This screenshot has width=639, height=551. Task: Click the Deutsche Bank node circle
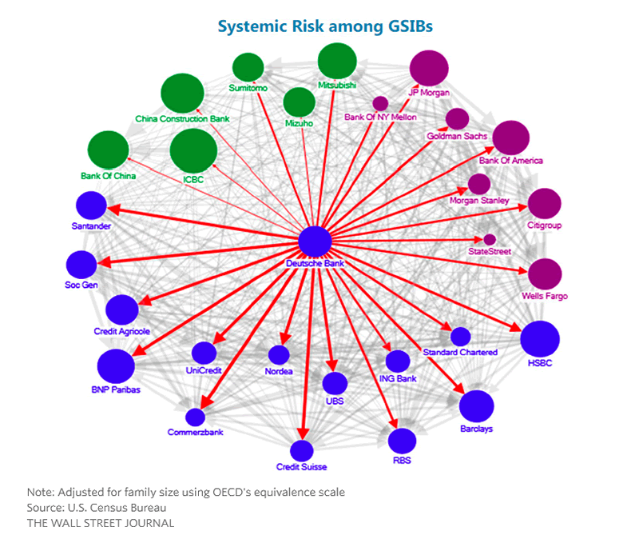click(x=314, y=242)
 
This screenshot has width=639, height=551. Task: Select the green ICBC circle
click(x=193, y=150)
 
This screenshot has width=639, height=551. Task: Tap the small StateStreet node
click(x=490, y=239)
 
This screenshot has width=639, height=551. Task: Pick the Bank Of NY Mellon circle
click(x=380, y=103)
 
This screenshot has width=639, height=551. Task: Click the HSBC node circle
click(x=540, y=338)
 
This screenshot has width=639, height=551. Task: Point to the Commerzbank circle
click(x=195, y=417)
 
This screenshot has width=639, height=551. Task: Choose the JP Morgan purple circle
click(x=430, y=70)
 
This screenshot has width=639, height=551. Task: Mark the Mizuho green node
click(x=299, y=103)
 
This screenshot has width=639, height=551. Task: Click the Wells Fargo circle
click(x=545, y=274)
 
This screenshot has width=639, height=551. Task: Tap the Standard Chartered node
click(x=461, y=337)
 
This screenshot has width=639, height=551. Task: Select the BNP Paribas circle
click(x=116, y=366)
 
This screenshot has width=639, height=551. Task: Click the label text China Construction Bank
click(x=183, y=119)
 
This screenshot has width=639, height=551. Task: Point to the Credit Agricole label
click(x=121, y=331)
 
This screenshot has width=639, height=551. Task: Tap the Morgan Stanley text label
click(x=479, y=200)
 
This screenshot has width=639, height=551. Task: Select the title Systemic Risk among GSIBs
click(x=325, y=27)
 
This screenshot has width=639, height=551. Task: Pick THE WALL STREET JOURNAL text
click(x=100, y=523)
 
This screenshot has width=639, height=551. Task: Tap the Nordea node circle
click(x=279, y=354)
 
